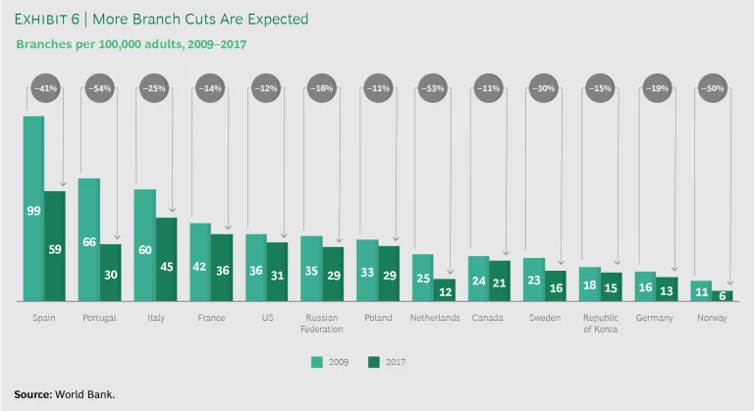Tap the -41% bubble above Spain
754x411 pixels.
point(43,87)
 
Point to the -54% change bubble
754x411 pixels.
point(99,87)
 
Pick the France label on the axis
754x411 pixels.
point(211,318)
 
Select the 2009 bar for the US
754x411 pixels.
point(255,267)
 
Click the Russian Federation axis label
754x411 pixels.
point(322,323)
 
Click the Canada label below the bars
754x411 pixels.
point(488,318)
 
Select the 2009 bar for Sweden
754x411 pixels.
point(534,279)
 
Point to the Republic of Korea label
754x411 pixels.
point(600,323)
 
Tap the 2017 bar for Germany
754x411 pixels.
point(668,288)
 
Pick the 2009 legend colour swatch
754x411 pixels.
point(317,361)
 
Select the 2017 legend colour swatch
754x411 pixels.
point(374,361)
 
